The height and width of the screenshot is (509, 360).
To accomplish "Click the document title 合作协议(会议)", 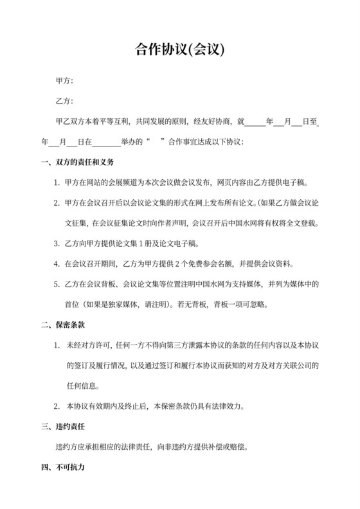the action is tap(179, 50).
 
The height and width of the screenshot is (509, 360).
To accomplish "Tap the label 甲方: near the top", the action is tap(64, 81).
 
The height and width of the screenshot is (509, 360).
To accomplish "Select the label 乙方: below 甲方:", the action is tap(64, 101).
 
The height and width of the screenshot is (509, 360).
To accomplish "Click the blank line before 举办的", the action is tap(107, 141).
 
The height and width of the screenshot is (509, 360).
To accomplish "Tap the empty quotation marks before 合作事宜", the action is tap(156, 141).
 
